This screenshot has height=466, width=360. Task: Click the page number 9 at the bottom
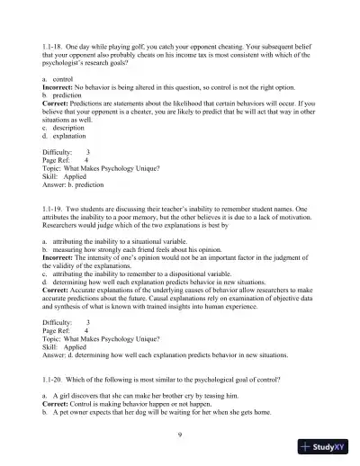(181, 434)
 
